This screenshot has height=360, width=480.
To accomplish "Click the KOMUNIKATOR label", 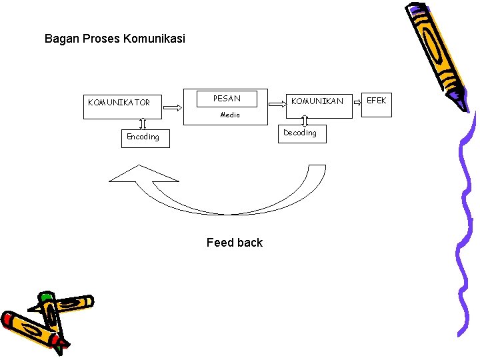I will point(119,103).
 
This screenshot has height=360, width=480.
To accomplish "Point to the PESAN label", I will point(227,99).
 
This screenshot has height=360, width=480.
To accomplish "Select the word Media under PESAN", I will point(230,115).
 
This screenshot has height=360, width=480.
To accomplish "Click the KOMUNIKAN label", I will point(317,101).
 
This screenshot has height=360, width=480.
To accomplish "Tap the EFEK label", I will point(377,101).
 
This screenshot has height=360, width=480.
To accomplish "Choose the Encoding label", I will point(143,137).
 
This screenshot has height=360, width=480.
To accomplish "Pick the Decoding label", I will point(300,133).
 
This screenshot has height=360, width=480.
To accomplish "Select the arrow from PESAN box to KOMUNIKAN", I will point(277,104).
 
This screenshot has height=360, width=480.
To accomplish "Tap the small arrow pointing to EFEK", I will point(357,104).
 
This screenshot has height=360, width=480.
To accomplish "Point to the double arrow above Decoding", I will point(305,121).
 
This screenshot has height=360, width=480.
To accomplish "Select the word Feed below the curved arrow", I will point(219,243).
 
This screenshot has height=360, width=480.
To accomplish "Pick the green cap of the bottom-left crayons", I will point(46,298).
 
